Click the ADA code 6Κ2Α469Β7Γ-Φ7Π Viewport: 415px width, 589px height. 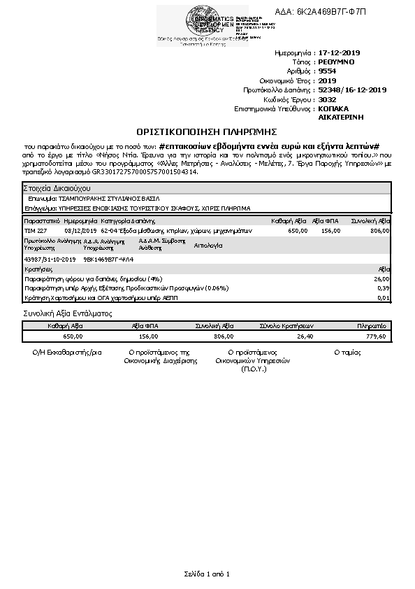(335, 12)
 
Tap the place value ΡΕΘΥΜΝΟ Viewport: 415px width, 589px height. (336, 62)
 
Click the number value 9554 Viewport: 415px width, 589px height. (326, 71)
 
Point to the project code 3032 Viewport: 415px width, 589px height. (326, 99)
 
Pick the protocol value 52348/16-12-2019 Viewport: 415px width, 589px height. (352, 90)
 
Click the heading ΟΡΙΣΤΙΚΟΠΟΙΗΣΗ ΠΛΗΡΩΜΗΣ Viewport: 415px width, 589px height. (207, 131)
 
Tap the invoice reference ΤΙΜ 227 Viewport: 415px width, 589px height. (36, 229)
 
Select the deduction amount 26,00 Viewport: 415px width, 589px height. (381, 278)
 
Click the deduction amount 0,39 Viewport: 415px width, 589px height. (383, 288)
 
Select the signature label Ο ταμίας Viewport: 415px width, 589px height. (347, 352)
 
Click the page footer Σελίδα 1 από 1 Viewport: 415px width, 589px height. (207, 574)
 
